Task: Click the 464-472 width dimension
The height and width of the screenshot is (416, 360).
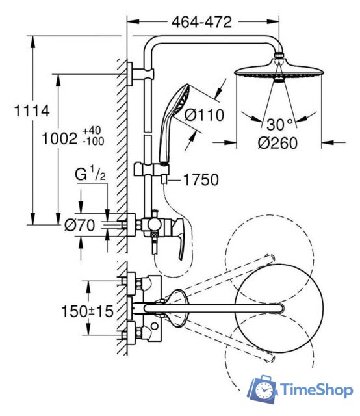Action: (201, 22)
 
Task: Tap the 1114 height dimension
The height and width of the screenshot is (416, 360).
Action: (32, 110)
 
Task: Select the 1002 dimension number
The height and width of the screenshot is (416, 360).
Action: (60, 138)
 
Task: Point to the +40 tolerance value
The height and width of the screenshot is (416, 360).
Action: (92, 131)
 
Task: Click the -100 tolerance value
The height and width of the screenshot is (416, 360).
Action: (93, 142)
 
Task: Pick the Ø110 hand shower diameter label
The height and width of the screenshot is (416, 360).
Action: (204, 116)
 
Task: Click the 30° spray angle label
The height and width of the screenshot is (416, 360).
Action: (279, 124)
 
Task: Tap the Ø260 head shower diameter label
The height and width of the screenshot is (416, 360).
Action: (277, 143)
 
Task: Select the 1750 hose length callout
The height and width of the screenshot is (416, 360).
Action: (201, 180)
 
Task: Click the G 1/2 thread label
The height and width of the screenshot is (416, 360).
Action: (90, 174)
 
